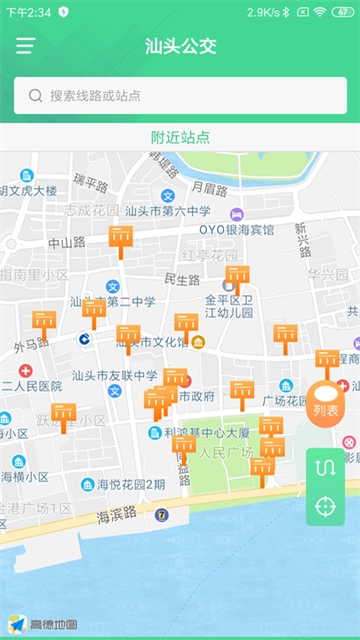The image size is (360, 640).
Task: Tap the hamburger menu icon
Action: coord(25,46)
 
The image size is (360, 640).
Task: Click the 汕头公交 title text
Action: coord(180,46)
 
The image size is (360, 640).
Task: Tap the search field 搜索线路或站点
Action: coord(180,96)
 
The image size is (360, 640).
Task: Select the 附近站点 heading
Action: coord(180,137)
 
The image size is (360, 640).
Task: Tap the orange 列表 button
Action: coord(326,404)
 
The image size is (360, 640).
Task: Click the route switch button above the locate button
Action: coord(325,467)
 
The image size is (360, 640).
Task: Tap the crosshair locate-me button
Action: coord(325,505)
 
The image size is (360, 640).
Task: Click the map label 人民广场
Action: coord(225,452)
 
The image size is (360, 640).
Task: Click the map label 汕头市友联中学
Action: coord(115,376)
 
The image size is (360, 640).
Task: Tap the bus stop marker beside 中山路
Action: coord(120,239)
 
